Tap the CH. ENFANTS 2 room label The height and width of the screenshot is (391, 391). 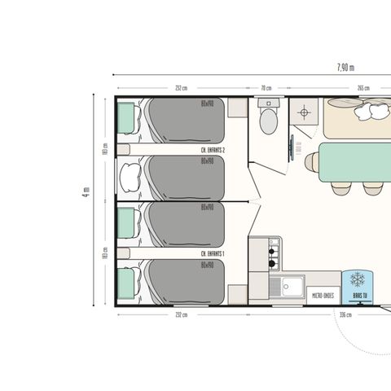(x=213, y=151)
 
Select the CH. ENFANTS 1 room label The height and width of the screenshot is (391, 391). (x=213, y=254)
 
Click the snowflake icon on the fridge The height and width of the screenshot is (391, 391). (x=357, y=279)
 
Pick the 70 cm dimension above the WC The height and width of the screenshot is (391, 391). (x=266, y=87)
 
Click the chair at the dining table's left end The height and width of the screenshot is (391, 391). (x=310, y=162)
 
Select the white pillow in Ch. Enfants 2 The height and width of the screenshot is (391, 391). (x=129, y=173)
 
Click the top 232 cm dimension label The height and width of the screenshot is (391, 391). (x=180, y=87)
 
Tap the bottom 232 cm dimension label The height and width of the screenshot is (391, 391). (x=180, y=314)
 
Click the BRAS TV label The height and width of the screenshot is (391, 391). (x=357, y=295)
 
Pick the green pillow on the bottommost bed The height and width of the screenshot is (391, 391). (x=126, y=283)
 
